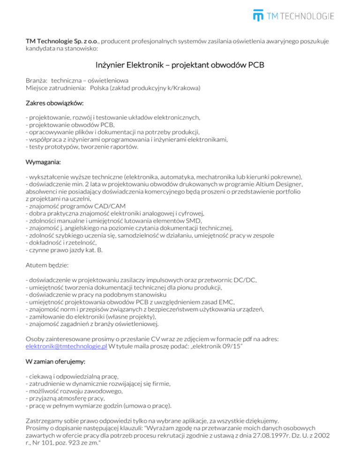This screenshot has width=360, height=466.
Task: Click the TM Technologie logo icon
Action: click(258, 15)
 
